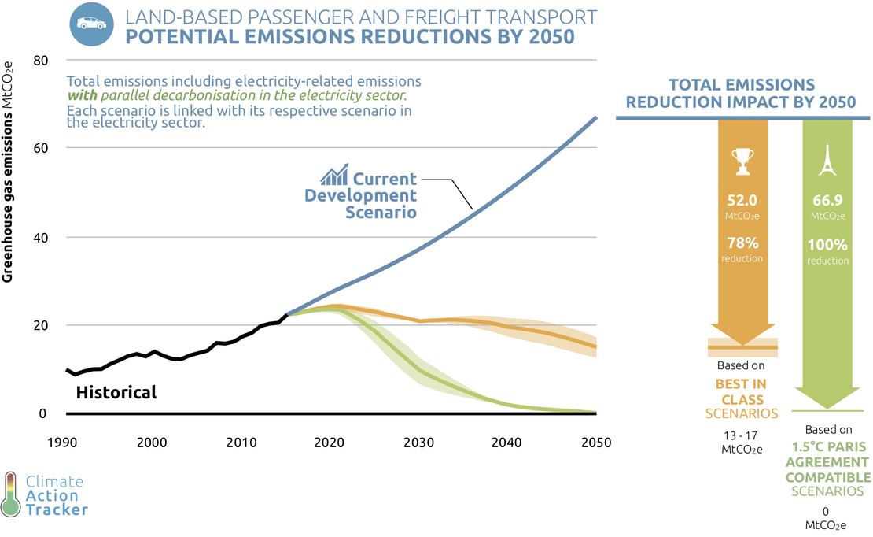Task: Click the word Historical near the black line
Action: [116, 392]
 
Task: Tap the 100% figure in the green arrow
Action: [827, 245]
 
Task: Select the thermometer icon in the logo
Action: [11, 494]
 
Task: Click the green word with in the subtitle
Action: [82, 95]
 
